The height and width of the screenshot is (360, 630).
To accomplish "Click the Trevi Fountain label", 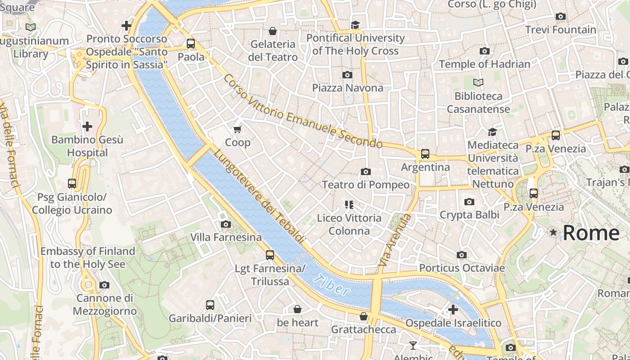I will click(560, 30).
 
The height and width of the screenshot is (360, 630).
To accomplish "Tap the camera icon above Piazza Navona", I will click(347, 75).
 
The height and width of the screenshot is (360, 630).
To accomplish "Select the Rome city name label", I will click(591, 233).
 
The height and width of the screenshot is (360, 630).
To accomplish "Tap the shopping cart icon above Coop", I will click(238, 130).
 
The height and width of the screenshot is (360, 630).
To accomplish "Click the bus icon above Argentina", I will click(425, 154).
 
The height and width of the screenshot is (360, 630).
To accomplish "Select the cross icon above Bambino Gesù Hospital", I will click(87, 126).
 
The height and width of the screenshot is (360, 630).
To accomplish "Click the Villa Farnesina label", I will click(226, 237).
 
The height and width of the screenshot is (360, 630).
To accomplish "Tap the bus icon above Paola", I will click(191, 44).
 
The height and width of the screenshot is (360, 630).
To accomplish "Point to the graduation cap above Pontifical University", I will click(355, 25).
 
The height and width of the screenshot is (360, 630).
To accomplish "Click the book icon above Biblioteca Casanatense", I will click(478, 83).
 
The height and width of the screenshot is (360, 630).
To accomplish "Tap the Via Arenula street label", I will click(395, 239).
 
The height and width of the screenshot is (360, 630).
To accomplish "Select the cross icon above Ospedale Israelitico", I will click(453, 310).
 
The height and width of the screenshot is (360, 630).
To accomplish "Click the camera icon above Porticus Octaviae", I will click(461, 255).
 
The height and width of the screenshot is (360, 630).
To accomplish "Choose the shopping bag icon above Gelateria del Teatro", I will click(272, 31).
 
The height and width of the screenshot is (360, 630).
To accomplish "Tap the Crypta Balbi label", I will click(469, 215).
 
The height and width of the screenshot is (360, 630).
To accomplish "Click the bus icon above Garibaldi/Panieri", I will click(210, 305).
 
